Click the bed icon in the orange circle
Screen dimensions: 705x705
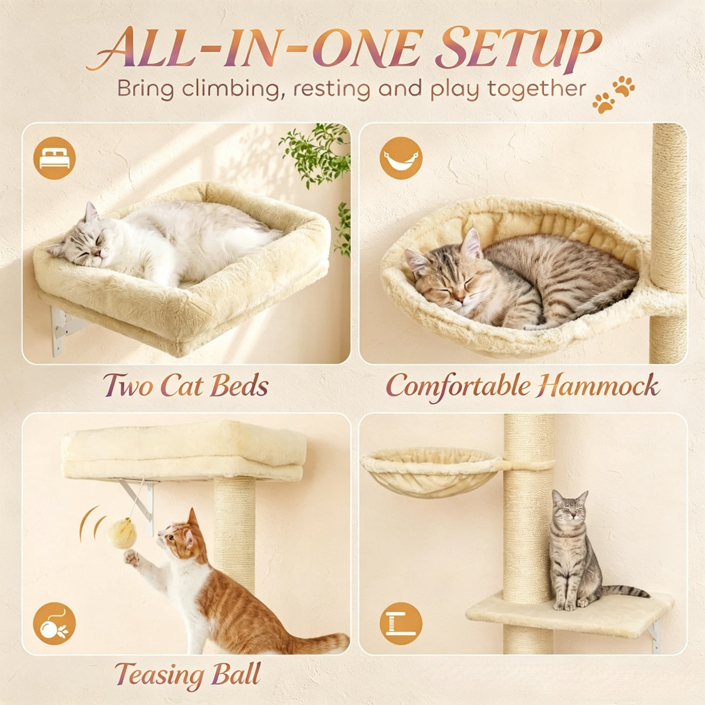55,158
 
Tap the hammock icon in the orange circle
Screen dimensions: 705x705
401,158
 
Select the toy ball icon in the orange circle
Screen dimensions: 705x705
55,623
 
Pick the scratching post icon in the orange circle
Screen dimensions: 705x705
401,623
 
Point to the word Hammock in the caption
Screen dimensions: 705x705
598,387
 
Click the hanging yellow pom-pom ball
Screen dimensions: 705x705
123,535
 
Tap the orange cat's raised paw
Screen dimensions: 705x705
132,558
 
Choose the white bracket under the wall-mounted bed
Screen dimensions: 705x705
65,329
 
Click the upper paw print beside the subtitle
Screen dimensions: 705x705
624,86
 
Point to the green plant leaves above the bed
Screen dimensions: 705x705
315,154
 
